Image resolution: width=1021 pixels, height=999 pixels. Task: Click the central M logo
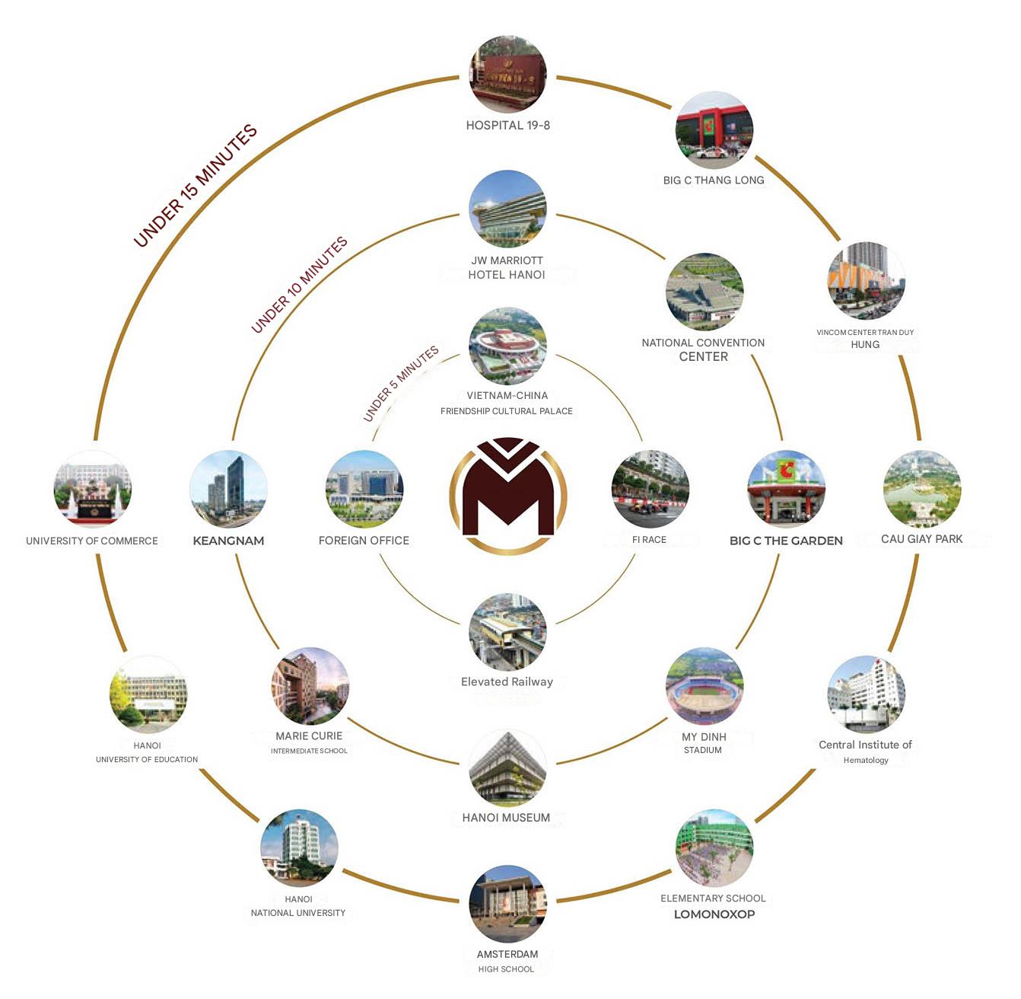pos(507,495)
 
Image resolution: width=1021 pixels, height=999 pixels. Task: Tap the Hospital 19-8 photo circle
pos(507,74)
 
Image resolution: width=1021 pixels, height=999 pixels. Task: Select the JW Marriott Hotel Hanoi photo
pos(507,209)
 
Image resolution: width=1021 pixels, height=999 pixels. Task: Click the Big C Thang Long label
pos(714,180)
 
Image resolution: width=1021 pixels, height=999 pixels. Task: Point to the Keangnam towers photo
pos(228,489)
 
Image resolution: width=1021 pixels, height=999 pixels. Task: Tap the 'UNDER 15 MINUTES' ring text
pos(196,185)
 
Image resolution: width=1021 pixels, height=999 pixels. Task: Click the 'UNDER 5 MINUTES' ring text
pos(401,384)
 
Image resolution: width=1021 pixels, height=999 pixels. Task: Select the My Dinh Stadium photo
pos(704,687)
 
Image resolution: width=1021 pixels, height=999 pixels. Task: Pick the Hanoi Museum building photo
pos(507,768)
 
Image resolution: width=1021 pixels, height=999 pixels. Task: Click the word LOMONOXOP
pos(714,914)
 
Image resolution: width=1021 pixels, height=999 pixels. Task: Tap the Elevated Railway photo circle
pos(507,632)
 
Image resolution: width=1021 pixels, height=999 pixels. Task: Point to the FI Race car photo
pos(650,489)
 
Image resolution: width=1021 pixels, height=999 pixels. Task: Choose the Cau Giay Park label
pos(922,539)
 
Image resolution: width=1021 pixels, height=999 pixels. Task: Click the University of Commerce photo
pos(92,489)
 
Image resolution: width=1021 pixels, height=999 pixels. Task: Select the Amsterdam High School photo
pos(507,904)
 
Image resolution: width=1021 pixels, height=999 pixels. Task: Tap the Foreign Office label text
pos(364,541)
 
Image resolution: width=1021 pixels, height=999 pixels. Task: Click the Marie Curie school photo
pos(310,687)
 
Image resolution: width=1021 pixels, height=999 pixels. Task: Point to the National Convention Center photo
pos(704,292)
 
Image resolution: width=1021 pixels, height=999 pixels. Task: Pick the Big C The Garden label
pos(786,541)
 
